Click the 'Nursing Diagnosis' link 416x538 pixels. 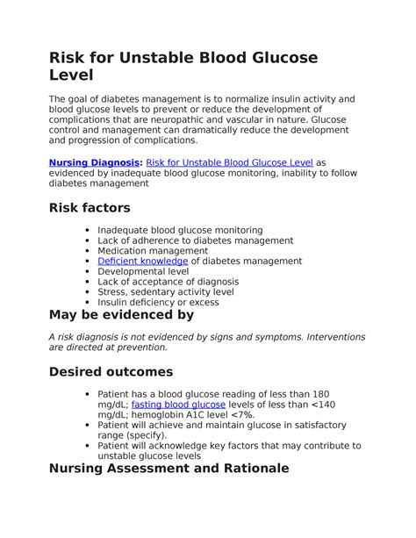click(94, 162)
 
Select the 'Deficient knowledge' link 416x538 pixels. click(142, 261)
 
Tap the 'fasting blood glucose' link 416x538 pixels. click(178, 405)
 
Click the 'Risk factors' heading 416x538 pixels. click(90, 208)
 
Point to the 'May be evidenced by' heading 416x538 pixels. click(121, 314)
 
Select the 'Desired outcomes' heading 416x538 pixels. click(111, 371)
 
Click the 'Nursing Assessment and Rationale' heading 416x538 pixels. click(169, 469)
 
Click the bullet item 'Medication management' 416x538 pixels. click(154, 250)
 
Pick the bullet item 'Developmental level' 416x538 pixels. click(144, 271)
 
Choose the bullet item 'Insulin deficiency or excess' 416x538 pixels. click(158, 302)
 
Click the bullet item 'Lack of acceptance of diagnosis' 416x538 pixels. click(169, 282)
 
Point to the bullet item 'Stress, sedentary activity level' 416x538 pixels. click(166, 292)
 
